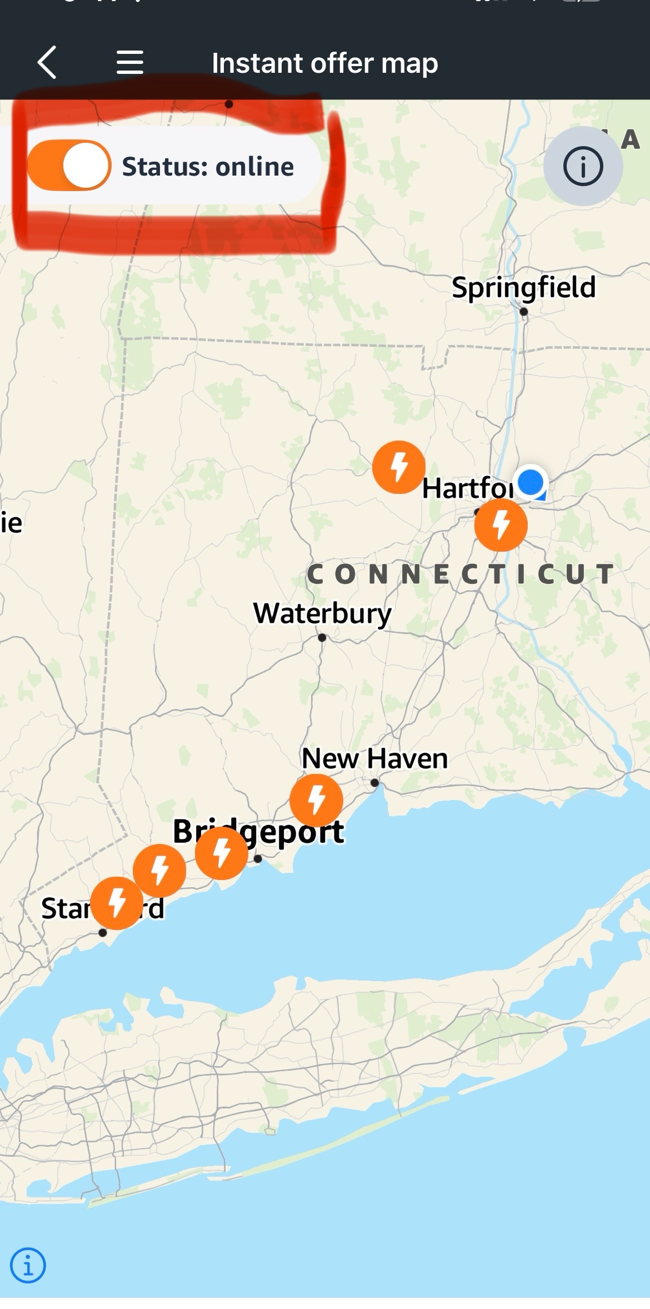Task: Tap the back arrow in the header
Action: coord(47,62)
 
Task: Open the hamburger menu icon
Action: coord(130,62)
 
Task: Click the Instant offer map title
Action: coord(324,63)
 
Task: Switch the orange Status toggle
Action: coord(69,166)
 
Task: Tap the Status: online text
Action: coord(208,167)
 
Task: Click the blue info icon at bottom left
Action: coord(28,1265)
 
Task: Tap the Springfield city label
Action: coord(523,287)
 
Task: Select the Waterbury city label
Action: coord(322,613)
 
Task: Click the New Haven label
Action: coord(374,758)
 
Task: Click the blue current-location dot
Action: coord(531,482)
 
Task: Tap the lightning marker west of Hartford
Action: coord(399,467)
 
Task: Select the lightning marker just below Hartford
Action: coord(501,525)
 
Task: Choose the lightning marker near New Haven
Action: coord(317,800)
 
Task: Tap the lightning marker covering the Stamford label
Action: coord(117,903)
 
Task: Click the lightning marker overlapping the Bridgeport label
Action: coord(222,853)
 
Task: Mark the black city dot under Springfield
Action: coord(523,312)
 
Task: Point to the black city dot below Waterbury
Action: coord(322,637)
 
